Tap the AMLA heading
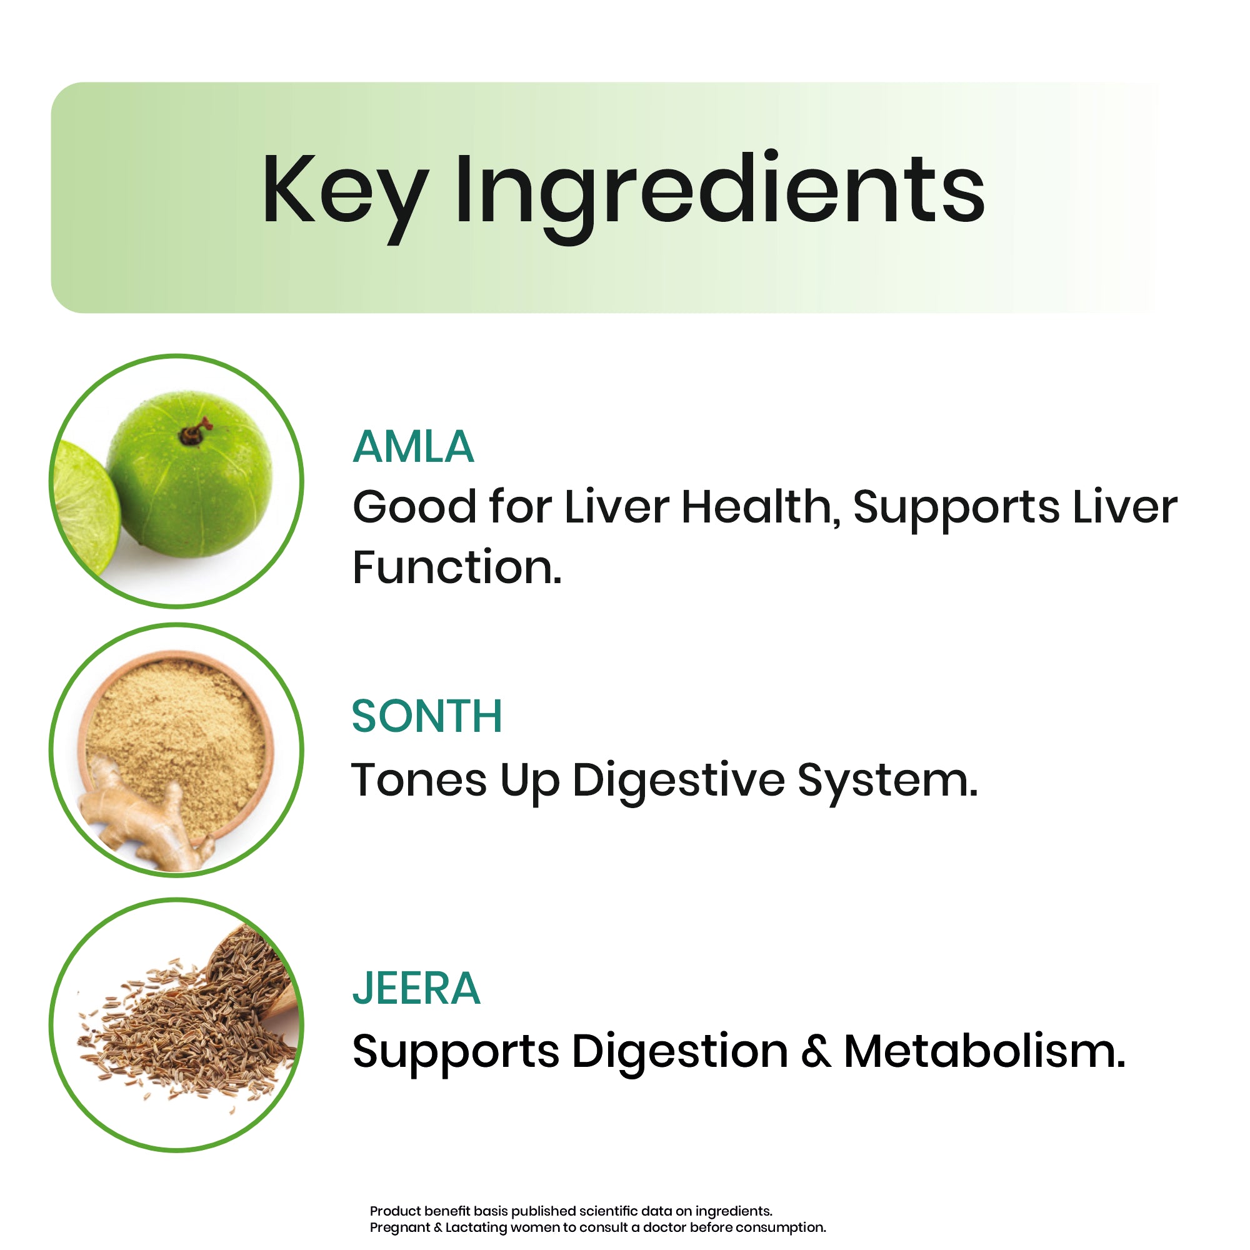click(x=413, y=447)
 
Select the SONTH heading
click(x=427, y=716)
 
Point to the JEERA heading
click(x=417, y=988)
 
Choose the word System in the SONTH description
click(x=887, y=782)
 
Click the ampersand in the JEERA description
click(x=816, y=1051)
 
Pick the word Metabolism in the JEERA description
click(x=985, y=1051)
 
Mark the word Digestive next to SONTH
click(x=679, y=782)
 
